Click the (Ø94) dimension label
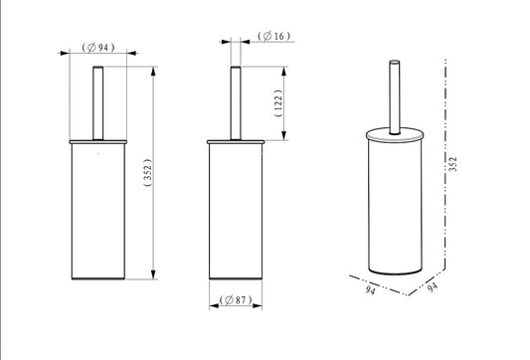[98, 48]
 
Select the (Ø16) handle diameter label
[274, 36]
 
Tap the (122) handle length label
[278, 103]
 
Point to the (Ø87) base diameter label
[236, 299]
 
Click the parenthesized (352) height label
[148, 173]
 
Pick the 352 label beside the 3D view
[452, 164]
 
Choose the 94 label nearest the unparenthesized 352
[433, 287]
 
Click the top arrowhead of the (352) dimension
[154, 71]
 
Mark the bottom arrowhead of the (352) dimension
[154, 274]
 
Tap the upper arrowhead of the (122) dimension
[284, 71]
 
